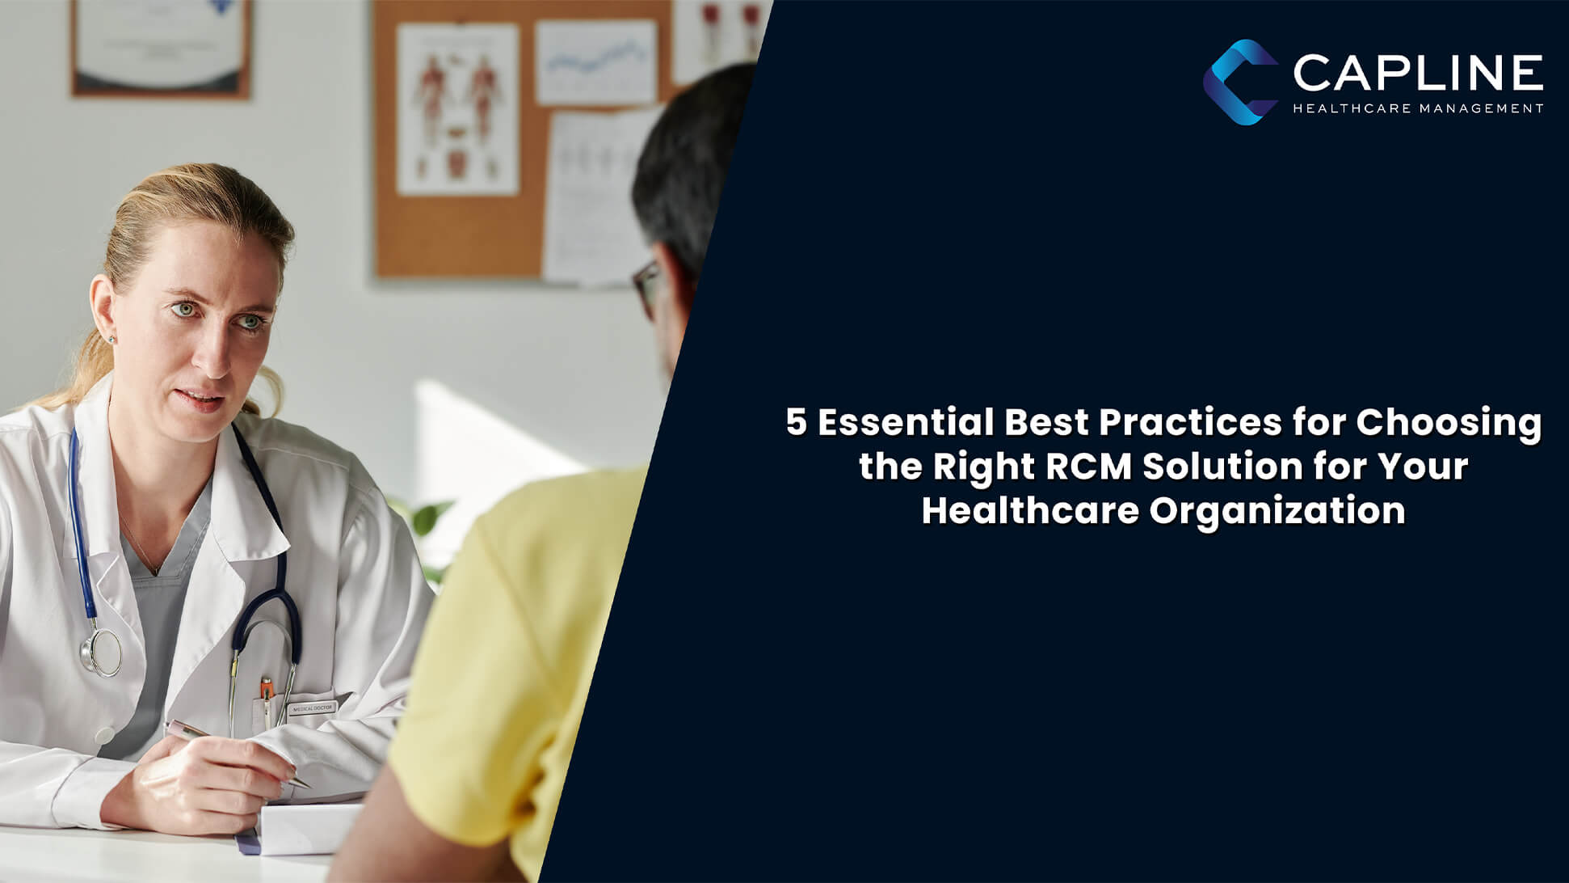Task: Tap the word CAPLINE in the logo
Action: point(1418,74)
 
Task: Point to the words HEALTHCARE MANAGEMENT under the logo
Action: point(1418,108)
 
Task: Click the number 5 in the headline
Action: point(797,423)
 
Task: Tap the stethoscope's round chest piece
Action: point(101,651)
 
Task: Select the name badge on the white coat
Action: point(311,708)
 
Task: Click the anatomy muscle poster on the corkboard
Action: point(457,108)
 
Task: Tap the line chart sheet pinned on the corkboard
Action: point(595,62)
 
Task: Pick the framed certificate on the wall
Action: point(160,47)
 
